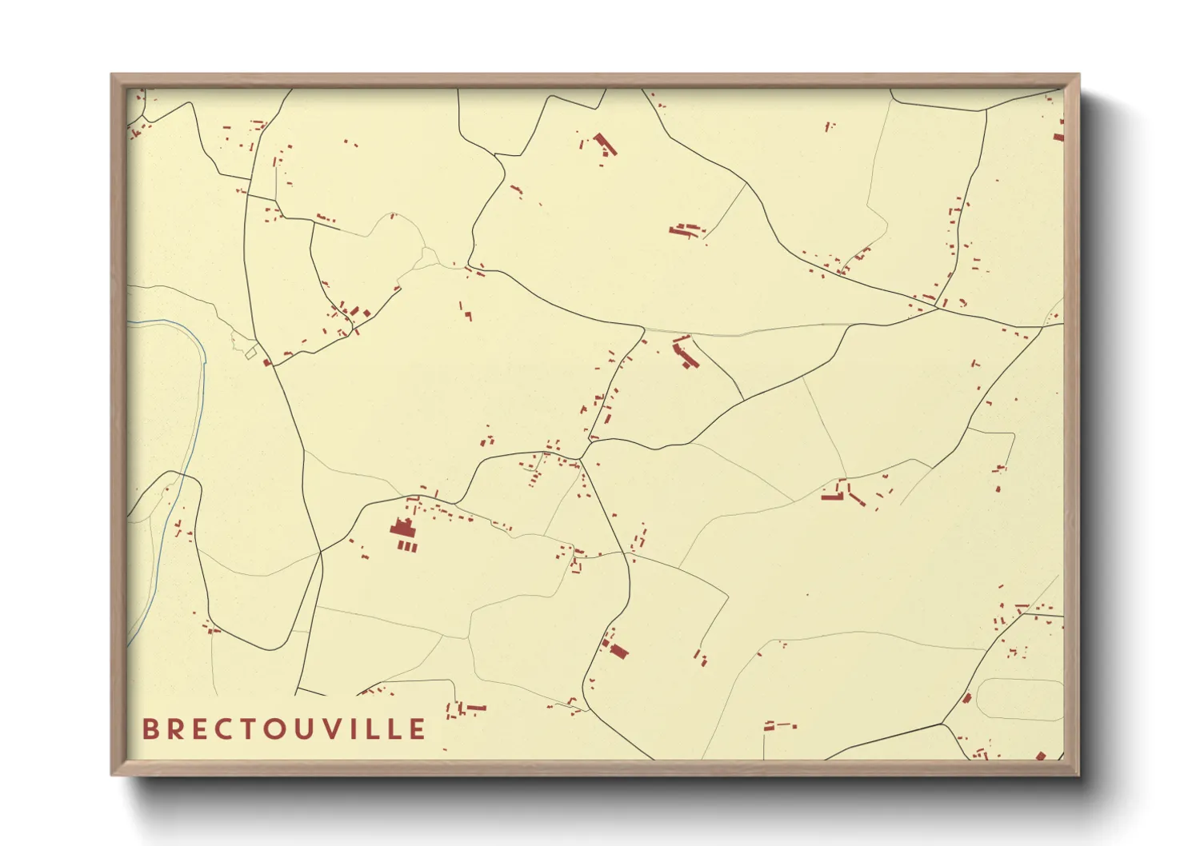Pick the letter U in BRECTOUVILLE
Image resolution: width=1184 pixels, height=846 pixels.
click(307, 729)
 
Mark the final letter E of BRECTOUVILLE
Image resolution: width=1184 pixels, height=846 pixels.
click(418, 729)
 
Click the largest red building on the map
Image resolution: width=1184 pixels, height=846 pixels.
click(402, 529)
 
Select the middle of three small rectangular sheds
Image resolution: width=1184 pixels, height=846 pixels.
click(407, 547)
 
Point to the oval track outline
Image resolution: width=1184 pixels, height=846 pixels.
click(1020, 700)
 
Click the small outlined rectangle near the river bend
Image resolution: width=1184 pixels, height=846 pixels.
click(250, 353)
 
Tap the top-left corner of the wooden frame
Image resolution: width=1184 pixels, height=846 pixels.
click(112, 75)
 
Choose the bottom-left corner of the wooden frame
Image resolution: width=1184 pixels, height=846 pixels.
click(112, 774)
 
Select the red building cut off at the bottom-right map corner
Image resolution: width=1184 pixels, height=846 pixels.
click(1041, 756)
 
